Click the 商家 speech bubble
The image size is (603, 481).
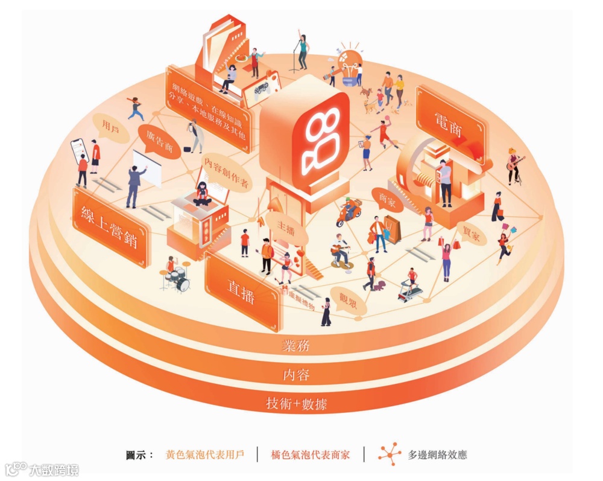pos(387,200)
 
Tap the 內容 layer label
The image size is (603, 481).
pos(296,375)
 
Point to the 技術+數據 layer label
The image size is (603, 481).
pos(296,403)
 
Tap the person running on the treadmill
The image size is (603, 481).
pos(412,281)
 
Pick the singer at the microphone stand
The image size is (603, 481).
pos(302,51)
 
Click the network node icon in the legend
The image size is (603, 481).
pos(390,454)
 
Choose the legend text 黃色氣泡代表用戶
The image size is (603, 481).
pos(205,454)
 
